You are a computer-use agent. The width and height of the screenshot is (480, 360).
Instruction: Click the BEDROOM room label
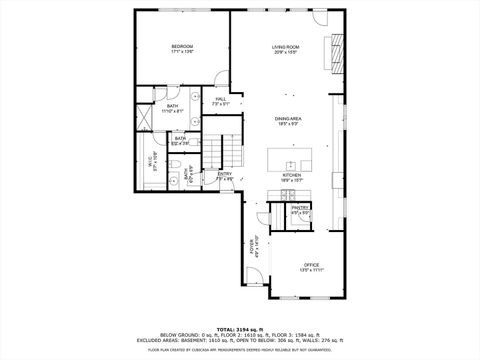coord(181,46)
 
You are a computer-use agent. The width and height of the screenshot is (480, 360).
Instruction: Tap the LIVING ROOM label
coord(286,46)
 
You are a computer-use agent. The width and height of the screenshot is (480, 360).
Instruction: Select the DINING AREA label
coord(290,119)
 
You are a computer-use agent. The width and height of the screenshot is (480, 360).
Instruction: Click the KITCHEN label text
coord(291,174)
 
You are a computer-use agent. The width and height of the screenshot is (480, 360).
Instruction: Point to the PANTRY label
coord(300,207)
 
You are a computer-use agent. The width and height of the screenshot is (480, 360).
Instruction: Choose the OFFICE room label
coord(312,265)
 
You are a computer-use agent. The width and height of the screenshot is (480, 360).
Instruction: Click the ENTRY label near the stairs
coord(225,174)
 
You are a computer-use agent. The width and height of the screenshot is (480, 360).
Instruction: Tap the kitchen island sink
coord(291,162)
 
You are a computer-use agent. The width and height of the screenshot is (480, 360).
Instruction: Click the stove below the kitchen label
coord(291,192)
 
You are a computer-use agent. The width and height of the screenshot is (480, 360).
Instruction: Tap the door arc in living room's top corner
coord(320,19)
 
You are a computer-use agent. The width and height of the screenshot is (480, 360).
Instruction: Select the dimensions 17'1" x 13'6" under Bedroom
coord(181,52)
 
